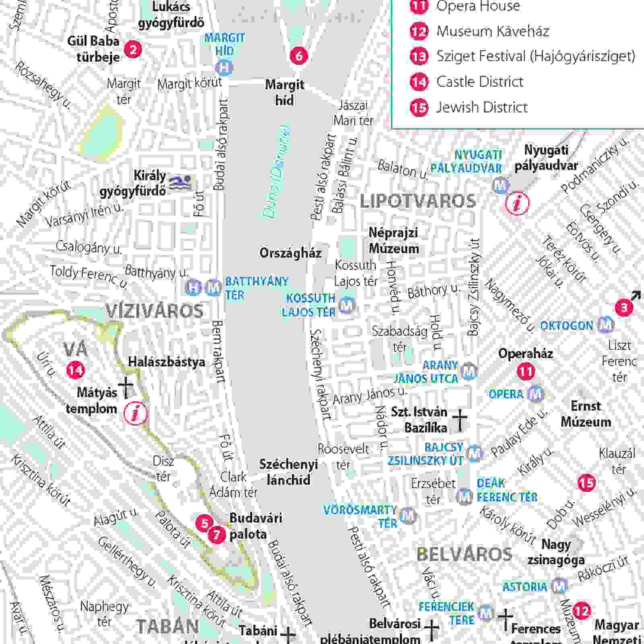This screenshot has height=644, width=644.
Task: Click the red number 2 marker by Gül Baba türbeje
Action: click(133, 50)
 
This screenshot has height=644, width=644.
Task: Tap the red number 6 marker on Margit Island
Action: click(299, 56)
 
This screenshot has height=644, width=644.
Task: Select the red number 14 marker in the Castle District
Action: click(75, 370)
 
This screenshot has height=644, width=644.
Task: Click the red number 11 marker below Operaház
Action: click(526, 371)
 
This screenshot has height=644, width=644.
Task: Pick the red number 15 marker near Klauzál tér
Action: click(586, 483)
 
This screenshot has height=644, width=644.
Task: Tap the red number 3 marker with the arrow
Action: click(624, 308)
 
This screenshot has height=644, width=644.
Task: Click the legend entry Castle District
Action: click(480, 82)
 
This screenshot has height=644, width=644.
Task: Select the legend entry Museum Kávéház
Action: click(493, 31)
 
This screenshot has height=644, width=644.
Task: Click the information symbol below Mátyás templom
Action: click(136, 413)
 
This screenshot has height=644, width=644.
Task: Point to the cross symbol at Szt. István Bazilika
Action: click(460, 420)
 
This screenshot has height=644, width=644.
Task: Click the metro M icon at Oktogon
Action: click(605, 324)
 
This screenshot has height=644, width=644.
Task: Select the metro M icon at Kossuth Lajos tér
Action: click(347, 305)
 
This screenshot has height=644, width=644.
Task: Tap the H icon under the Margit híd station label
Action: click(224, 67)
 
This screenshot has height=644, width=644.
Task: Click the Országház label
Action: click(290, 253)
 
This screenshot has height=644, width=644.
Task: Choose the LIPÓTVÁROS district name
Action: click(418, 201)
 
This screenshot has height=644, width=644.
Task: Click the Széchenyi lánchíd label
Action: click(288, 472)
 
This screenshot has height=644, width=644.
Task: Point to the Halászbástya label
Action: click(167, 362)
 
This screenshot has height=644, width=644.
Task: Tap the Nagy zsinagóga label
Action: click(556, 552)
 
